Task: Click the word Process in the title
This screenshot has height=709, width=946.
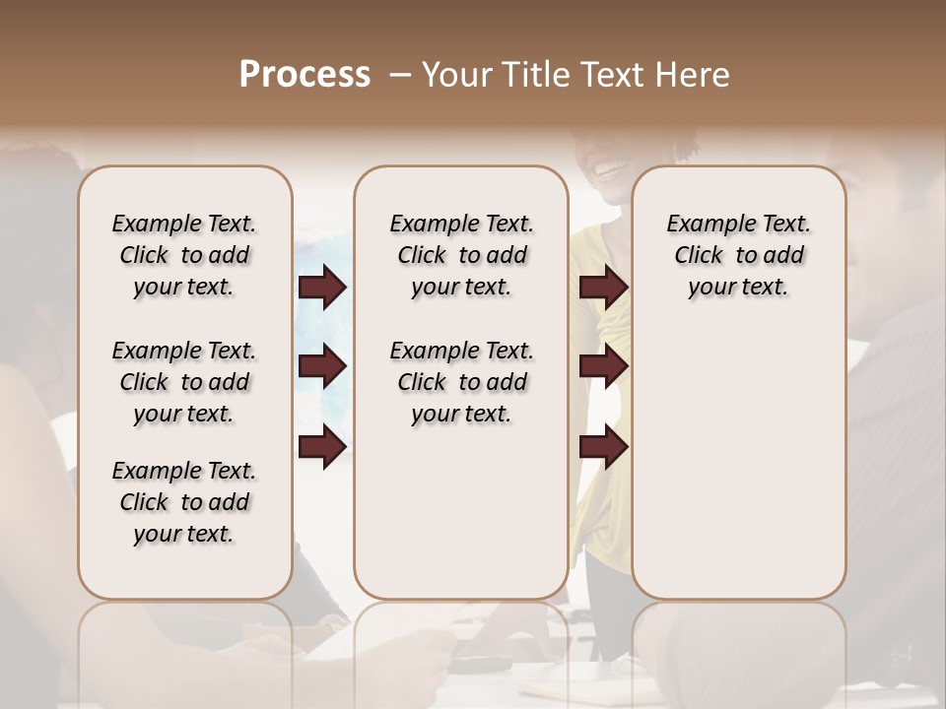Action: (304, 75)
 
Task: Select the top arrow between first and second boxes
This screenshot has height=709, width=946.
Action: (322, 288)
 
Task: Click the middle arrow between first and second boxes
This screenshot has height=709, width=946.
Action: (322, 367)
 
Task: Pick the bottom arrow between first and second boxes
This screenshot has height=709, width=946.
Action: (322, 447)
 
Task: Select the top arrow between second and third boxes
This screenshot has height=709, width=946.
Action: (603, 288)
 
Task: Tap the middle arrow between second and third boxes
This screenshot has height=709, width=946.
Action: (603, 367)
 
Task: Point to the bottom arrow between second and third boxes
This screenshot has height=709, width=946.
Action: (603, 447)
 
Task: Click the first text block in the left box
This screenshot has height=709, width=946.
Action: (184, 255)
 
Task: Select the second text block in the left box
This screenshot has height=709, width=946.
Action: (184, 382)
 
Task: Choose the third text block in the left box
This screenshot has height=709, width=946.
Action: (184, 502)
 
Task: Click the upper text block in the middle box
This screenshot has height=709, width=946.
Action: (461, 255)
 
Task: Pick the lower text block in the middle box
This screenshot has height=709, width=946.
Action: (461, 382)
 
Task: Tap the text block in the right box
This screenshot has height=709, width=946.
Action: (738, 255)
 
